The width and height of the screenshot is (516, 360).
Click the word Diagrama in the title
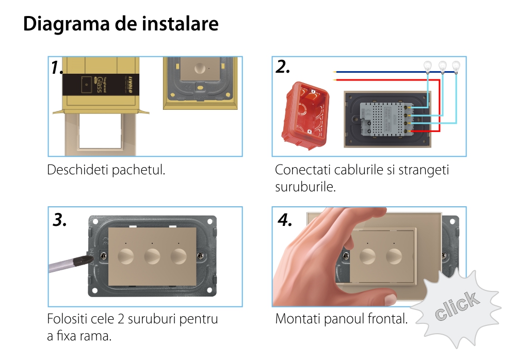pyautogui.click(x=66, y=24)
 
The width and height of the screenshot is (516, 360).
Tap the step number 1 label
pyautogui.click(x=57, y=68)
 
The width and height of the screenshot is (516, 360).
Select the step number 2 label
pyautogui.click(x=283, y=67)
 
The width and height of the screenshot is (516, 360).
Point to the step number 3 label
pyautogui.click(x=59, y=220)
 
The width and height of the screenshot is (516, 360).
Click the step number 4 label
pyautogui.click(x=285, y=220)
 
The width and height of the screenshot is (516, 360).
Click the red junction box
pyautogui.click(x=305, y=116)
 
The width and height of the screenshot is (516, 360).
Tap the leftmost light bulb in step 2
pyautogui.click(x=427, y=67)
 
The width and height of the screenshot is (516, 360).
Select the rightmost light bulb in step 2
pyautogui.click(x=456, y=67)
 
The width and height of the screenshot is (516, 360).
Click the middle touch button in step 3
pyautogui.click(x=152, y=256)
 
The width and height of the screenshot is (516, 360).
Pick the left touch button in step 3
pyautogui.click(x=126, y=256)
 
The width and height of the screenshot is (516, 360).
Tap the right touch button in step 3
pyautogui.click(x=179, y=256)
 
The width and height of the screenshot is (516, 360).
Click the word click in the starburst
pyautogui.click(x=457, y=306)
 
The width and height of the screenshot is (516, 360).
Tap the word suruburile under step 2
pyautogui.click(x=305, y=187)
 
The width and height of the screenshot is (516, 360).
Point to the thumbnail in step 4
pyautogui.click(x=391, y=298)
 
